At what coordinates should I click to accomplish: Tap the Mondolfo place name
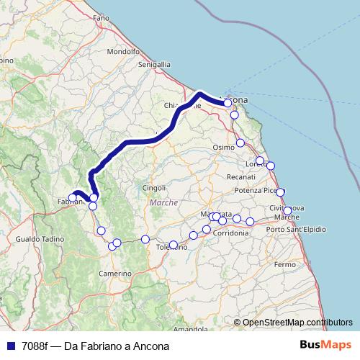coord(122,52)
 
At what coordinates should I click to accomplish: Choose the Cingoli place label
coord(154,188)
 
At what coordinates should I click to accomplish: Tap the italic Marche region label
coord(163,203)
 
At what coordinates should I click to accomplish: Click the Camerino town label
coord(115,274)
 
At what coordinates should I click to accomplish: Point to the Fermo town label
coord(285,265)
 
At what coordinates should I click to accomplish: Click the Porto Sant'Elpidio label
coord(296,229)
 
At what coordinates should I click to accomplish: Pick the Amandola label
coord(191,329)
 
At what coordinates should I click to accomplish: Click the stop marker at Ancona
coord(228,103)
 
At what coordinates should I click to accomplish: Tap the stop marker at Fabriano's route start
coord(72,197)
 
